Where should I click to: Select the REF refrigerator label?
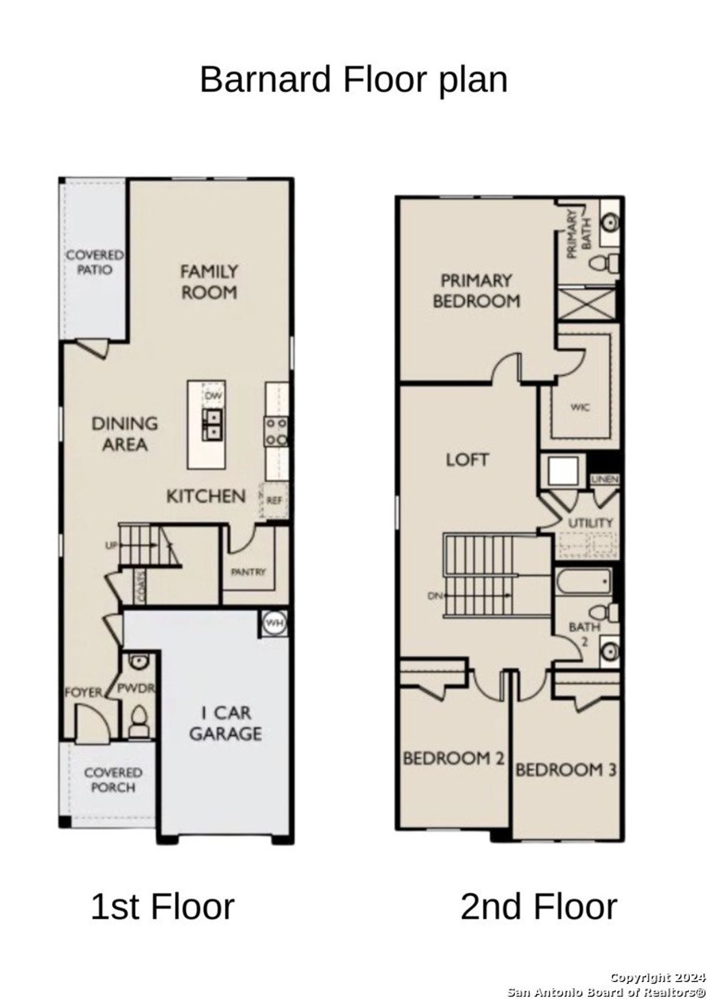click(x=275, y=501)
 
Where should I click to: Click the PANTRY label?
click(x=248, y=572)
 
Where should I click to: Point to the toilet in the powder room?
click(x=139, y=720)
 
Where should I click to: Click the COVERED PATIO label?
click(x=94, y=262)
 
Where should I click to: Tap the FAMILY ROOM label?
click(x=209, y=281)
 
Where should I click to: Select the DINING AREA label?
click(x=125, y=434)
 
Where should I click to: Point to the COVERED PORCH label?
click(x=113, y=780)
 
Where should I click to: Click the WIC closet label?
click(x=580, y=407)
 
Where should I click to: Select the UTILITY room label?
click(x=590, y=522)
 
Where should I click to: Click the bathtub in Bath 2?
click(x=583, y=583)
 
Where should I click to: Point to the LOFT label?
click(x=467, y=459)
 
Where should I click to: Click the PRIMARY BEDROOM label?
click(x=476, y=290)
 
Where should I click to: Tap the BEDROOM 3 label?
click(x=566, y=769)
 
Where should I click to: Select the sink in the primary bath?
click(x=610, y=223)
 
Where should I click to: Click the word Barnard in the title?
click(x=265, y=80)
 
